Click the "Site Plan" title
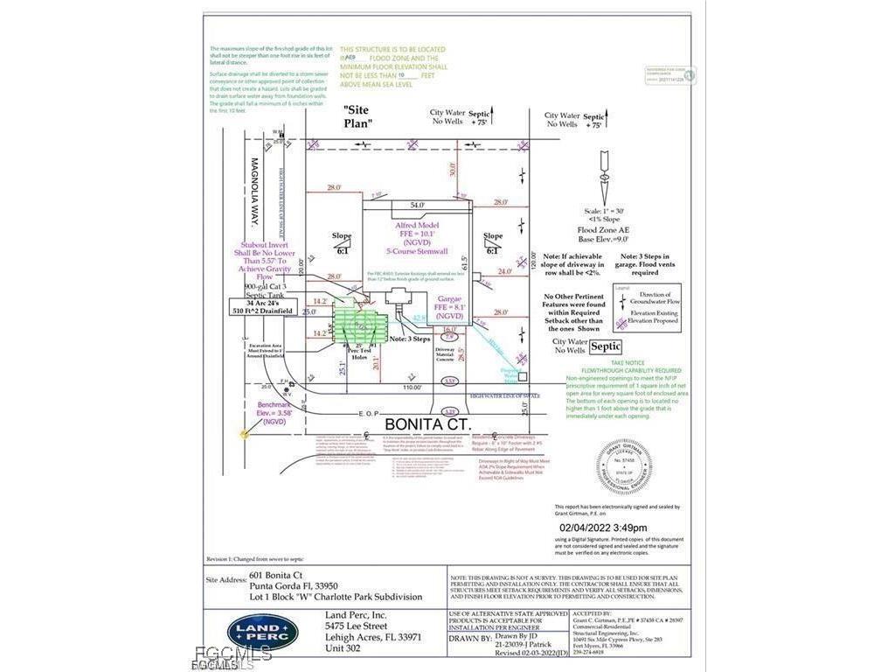(356, 116)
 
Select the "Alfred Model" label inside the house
(416, 225)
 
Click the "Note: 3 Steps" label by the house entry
(409, 339)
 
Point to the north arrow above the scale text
(604, 178)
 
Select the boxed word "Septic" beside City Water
(607, 346)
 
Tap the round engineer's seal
(623, 465)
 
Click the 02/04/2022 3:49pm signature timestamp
(603, 528)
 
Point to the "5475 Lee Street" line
(356, 626)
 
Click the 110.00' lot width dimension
(407, 386)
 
